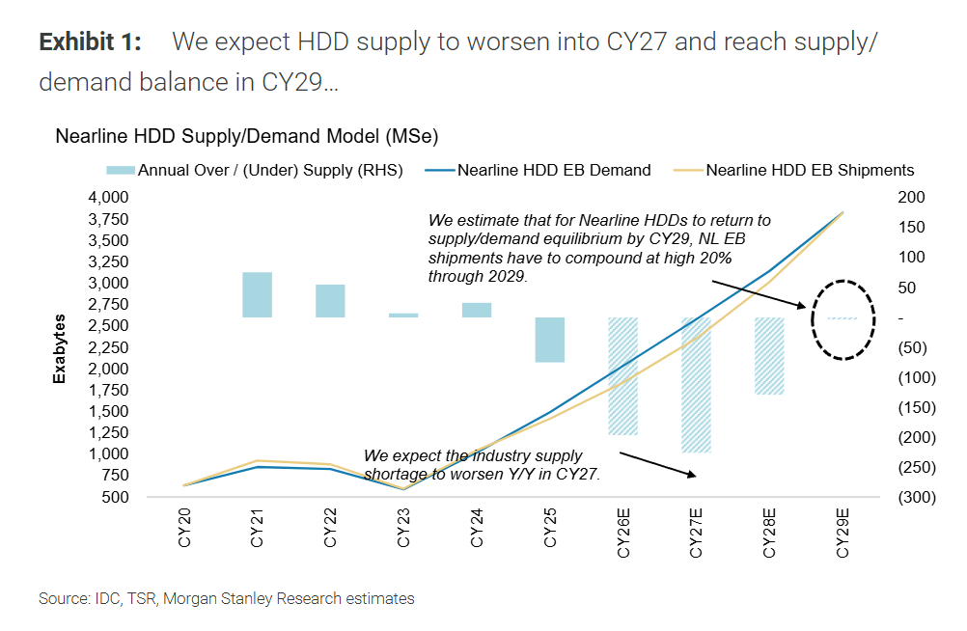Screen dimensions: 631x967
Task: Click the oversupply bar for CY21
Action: [x=257, y=294]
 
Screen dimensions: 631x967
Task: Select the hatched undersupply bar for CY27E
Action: [x=696, y=384]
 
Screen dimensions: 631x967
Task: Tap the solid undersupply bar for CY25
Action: [x=550, y=340]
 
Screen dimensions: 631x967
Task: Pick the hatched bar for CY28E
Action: [x=769, y=355]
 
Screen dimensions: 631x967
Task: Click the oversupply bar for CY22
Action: [x=330, y=300]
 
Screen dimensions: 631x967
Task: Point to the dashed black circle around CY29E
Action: [x=843, y=319]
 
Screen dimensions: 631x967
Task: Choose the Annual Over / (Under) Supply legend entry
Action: [x=254, y=170]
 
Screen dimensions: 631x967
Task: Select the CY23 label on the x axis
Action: [x=403, y=531]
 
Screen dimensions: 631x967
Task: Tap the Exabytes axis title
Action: [x=60, y=347]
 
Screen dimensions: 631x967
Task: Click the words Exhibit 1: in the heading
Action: [x=90, y=42]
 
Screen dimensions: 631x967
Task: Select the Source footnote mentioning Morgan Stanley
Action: [x=227, y=599]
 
